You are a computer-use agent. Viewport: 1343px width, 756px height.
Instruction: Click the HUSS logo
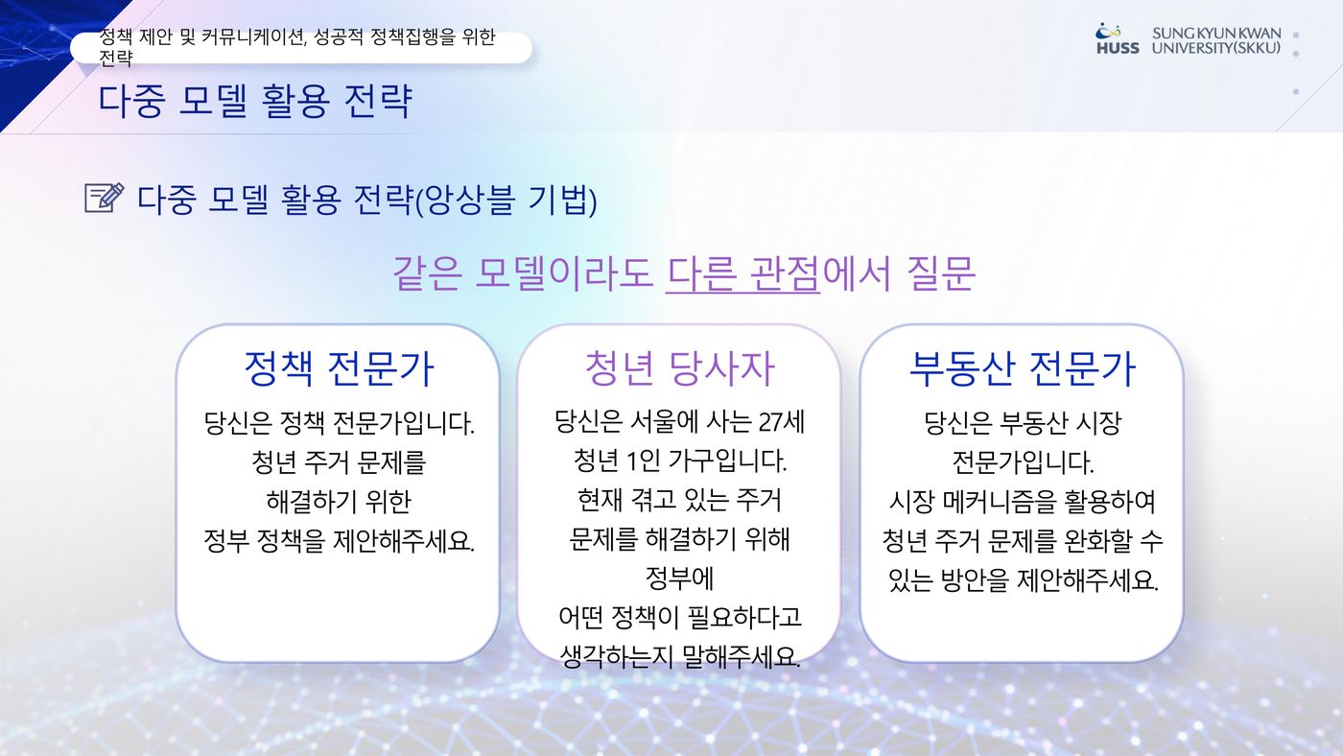point(1118,39)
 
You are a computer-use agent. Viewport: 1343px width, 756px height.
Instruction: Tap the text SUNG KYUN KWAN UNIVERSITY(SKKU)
point(1216,40)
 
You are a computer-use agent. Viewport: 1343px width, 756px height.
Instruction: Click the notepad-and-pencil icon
point(105,198)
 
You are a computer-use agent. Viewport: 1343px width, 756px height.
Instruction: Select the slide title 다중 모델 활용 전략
point(255,100)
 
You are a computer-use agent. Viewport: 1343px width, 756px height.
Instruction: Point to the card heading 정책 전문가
point(339,368)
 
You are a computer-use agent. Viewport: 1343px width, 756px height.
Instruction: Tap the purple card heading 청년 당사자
point(679,368)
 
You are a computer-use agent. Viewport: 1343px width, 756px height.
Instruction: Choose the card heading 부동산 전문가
point(1023,368)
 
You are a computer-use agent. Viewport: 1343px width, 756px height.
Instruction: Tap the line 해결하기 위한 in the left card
point(339,501)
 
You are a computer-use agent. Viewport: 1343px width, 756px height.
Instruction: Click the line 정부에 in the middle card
point(679,578)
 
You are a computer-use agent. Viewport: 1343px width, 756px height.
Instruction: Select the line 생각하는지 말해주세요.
point(680,656)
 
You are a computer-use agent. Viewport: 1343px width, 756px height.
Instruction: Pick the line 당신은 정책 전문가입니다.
point(339,423)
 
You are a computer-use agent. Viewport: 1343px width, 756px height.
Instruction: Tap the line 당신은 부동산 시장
point(1023,423)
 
